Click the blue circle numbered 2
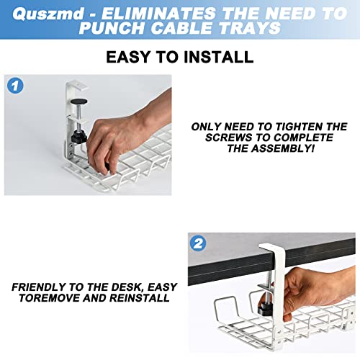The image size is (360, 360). [199, 243]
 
